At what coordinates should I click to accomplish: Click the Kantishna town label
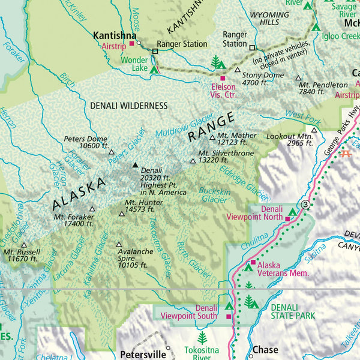[x=112, y=35]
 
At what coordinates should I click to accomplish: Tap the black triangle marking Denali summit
[x=134, y=165]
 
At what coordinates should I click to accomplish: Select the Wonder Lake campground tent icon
[x=154, y=70]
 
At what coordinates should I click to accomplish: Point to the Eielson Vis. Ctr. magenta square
[x=223, y=78]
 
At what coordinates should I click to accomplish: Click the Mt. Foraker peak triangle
[x=92, y=209]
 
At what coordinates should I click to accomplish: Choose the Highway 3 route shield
[x=307, y=205]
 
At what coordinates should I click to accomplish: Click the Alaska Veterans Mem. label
[x=283, y=268]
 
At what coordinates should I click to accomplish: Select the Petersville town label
[x=142, y=354]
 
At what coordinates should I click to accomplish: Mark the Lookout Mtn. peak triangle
[x=313, y=130]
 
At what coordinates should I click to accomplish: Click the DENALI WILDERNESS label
[x=128, y=106]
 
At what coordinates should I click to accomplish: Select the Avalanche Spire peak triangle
[x=119, y=244]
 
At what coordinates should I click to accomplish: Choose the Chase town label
[x=265, y=350]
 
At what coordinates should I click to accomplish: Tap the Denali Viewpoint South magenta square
[x=228, y=316]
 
